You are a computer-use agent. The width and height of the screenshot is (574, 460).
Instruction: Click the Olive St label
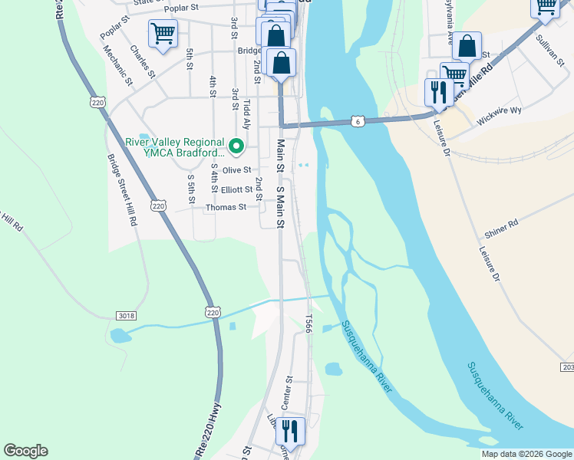pos(236,169)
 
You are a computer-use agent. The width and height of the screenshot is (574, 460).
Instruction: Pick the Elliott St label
pos(236,189)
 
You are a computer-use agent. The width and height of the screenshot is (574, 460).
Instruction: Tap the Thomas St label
pos(226,207)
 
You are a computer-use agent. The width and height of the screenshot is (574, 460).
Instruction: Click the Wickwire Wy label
pos(499,110)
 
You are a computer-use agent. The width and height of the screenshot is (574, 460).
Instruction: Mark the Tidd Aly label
pos(246,113)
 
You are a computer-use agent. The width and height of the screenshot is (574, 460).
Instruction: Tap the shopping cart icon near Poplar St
pos(163,34)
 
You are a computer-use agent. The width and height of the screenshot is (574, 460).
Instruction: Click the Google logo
pos(25,451)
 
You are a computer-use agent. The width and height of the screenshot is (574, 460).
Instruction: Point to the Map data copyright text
pos(526,455)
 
